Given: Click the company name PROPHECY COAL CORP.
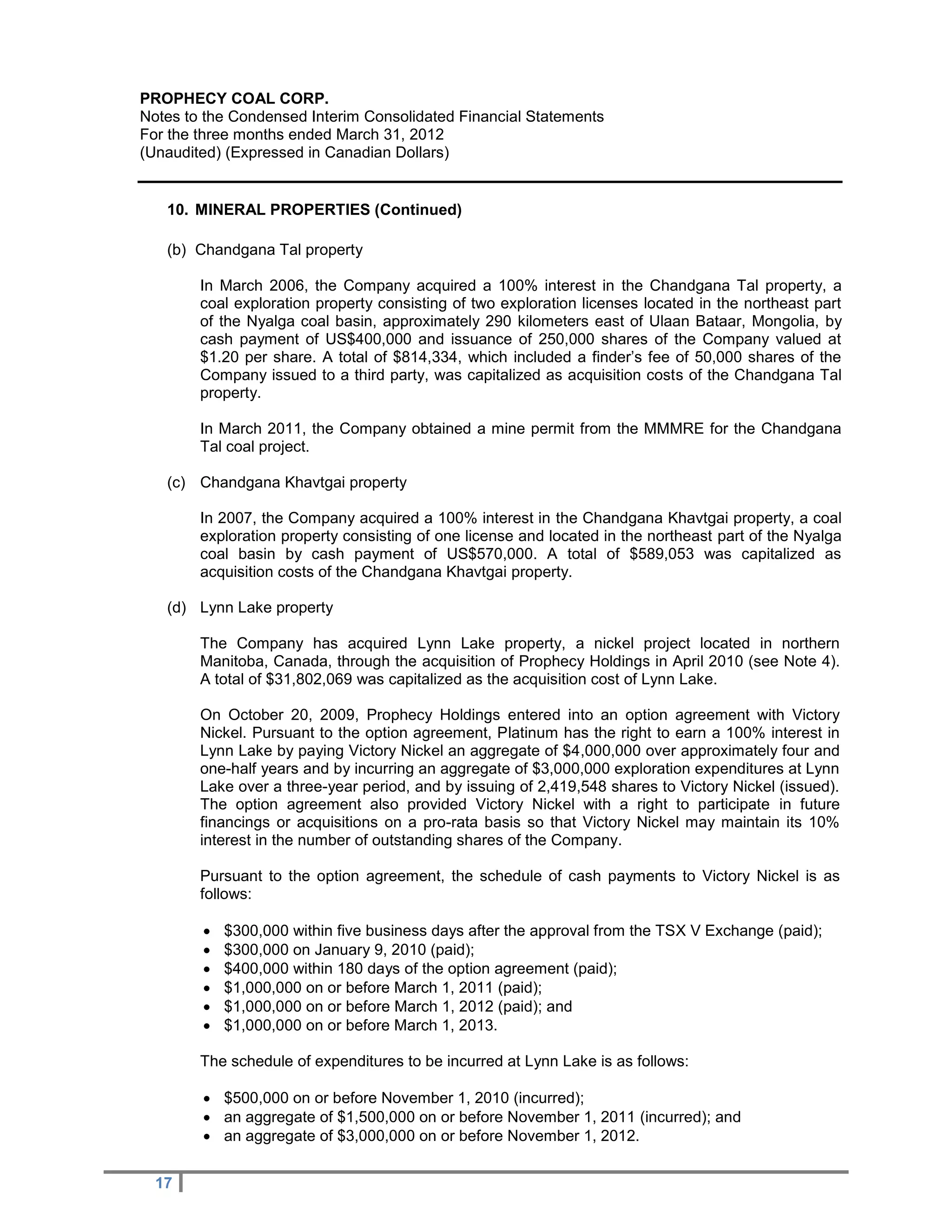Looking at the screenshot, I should click(234, 99).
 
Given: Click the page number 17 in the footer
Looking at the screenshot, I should click(164, 1183).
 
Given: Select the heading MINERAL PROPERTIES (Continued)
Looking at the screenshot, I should click(328, 210).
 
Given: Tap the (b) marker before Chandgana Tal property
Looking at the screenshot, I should click(177, 250).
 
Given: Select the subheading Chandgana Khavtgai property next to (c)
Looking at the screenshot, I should click(303, 482).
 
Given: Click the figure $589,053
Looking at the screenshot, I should click(661, 554).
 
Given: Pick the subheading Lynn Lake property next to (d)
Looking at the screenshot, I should click(266, 608).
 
